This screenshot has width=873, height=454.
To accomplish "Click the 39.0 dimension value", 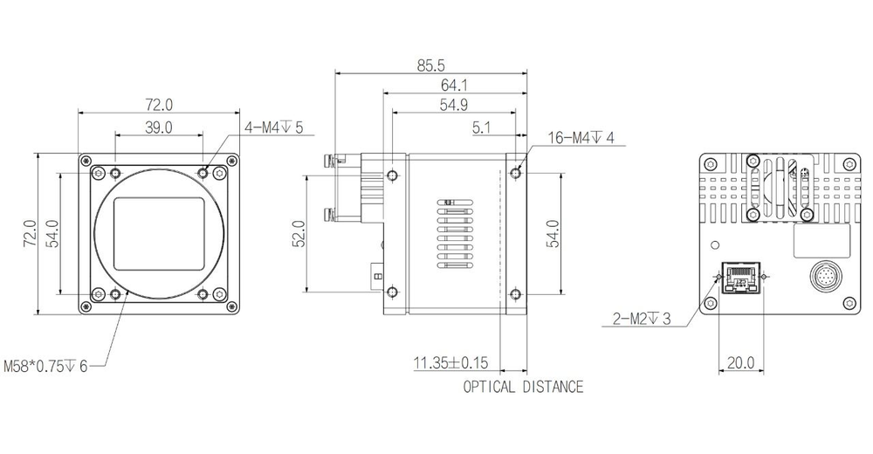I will pos(158,127).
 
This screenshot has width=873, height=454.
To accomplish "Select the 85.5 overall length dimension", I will pos(432,65).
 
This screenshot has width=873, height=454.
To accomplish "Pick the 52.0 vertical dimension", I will pos(298,234).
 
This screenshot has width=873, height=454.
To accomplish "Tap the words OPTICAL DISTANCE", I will pos(523,387).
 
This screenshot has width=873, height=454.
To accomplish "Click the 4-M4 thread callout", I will pos(273,127).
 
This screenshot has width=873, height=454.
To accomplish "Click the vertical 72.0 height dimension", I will pos(28,234).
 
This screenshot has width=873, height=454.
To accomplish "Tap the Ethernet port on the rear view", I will pos(739,281).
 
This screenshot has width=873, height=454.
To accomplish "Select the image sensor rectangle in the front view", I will pos(159,234).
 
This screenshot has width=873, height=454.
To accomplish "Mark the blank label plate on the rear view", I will pos(821,239).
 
